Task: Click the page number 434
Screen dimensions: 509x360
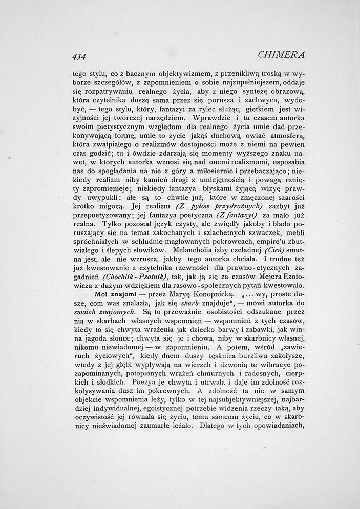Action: pyautogui.click(x=79, y=56)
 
